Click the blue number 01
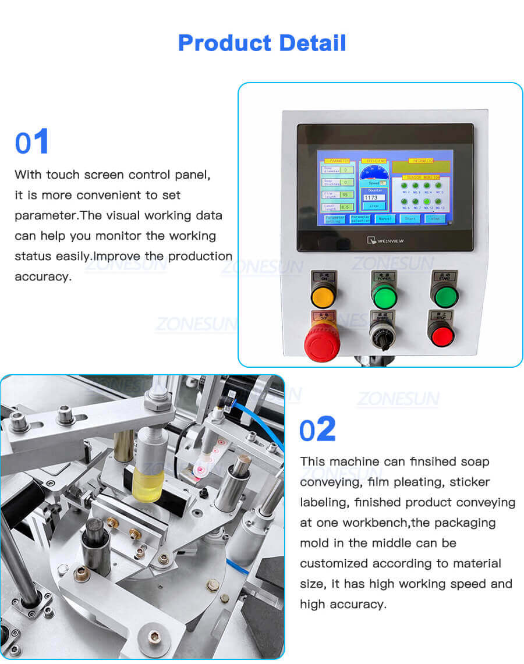point(32,143)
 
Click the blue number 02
point(317,429)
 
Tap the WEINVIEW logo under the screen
point(384,239)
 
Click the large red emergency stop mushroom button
point(323,343)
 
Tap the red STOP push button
point(441,335)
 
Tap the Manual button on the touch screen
point(385,219)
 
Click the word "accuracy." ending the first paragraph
point(43,276)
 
